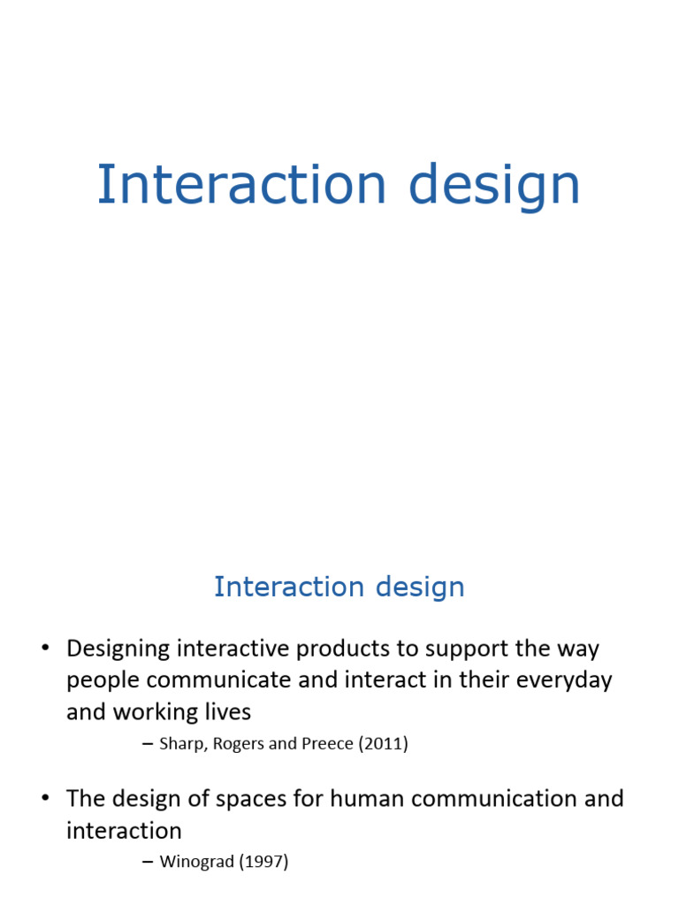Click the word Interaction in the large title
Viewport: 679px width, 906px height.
pos(240,186)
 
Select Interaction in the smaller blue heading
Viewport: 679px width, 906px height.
pos(288,587)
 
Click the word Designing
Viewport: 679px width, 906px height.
pos(118,649)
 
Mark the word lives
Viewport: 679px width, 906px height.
pos(225,711)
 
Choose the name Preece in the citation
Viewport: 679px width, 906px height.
pos(331,744)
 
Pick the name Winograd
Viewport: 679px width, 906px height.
pos(197,861)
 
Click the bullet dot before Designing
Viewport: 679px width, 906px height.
pos(44,649)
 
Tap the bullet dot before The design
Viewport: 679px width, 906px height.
pos(44,799)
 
